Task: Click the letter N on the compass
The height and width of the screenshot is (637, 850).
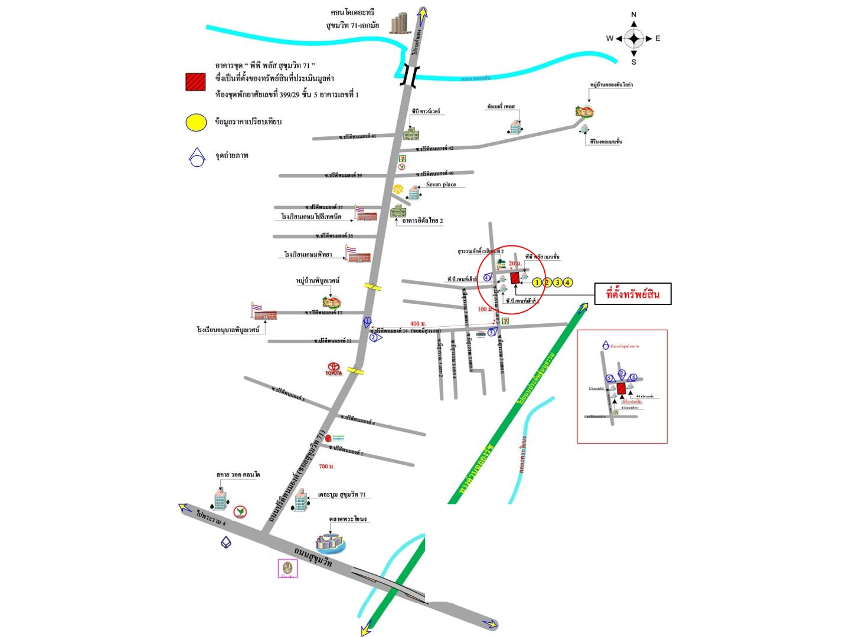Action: pyautogui.click(x=634, y=15)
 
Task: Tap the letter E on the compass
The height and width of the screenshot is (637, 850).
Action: pyautogui.click(x=658, y=39)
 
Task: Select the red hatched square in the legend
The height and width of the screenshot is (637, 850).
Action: pyautogui.click(x=195, y=82)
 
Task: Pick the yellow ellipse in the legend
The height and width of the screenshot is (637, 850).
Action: pyautogui.click(x=196, y=122)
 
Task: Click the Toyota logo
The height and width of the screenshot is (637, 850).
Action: pyautogui.click(x=334, y=369)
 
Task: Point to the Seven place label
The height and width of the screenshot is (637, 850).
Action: pyautogui.click(x=441, y=185)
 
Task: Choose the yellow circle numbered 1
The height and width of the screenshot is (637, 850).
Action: pyautogui.click(x=537, y=283)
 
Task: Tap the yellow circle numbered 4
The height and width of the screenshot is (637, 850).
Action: pyautogui.click(x=568, y=283)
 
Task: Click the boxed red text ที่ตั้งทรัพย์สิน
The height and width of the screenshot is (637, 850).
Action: pyautogui.click(x=632, y=294)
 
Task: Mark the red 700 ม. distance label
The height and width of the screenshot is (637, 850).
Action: pyautogui.click(x=326, y=467)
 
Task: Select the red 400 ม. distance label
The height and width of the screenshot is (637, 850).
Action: pyautogui.click(x=418, y=324)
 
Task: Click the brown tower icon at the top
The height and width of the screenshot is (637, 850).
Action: pyautogui.click(x=400, y=23)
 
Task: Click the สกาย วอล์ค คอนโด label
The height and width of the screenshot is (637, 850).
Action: pyautogui.click(x=238, y=475)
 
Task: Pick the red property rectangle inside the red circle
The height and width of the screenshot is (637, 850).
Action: pyautogui.click(x=515, y=277)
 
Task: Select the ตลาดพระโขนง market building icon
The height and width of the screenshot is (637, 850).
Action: pyautogui.click(x=331, y=542)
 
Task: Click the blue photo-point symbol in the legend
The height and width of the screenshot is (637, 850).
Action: pyautogui.click(x=197, y=157)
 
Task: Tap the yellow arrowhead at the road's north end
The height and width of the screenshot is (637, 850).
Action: pyautogui.click(x=423, y=13)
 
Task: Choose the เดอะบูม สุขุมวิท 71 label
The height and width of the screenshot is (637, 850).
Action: pyautogui.click(x=342, y=495)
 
